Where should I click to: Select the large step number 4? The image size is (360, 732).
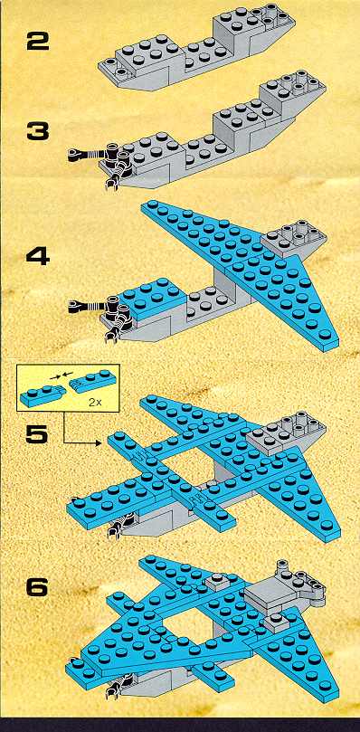pyautogui.click(x=37, y=256)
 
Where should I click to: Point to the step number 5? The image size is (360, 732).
pyautogui.click(x=37, y=433)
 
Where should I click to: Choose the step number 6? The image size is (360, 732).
pyautogui.click(x=37, y=587)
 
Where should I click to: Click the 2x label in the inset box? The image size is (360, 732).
pyautogui.click(x=95, y=403)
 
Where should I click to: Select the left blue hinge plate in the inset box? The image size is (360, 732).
pyautogui.click(x=43, y=396)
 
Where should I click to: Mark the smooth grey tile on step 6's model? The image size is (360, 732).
pyautogui.click(x=265, y=595)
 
